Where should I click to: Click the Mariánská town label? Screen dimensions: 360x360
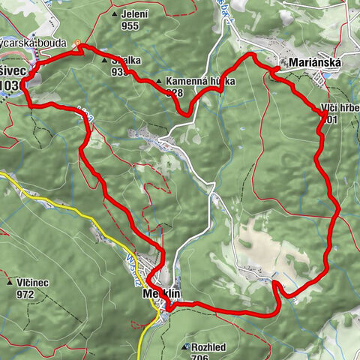point(313,64)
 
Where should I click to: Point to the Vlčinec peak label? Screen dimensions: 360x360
point(31,283)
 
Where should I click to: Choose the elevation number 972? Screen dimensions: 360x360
point(25,294)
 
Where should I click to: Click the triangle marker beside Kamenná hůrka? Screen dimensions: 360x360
point(159,81)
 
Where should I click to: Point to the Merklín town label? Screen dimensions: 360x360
point(161,295)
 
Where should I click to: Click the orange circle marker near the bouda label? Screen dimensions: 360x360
point(78,43)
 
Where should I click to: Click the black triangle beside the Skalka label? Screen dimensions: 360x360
point(105,59)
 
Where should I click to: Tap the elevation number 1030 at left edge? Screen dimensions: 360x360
point(10,85)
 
